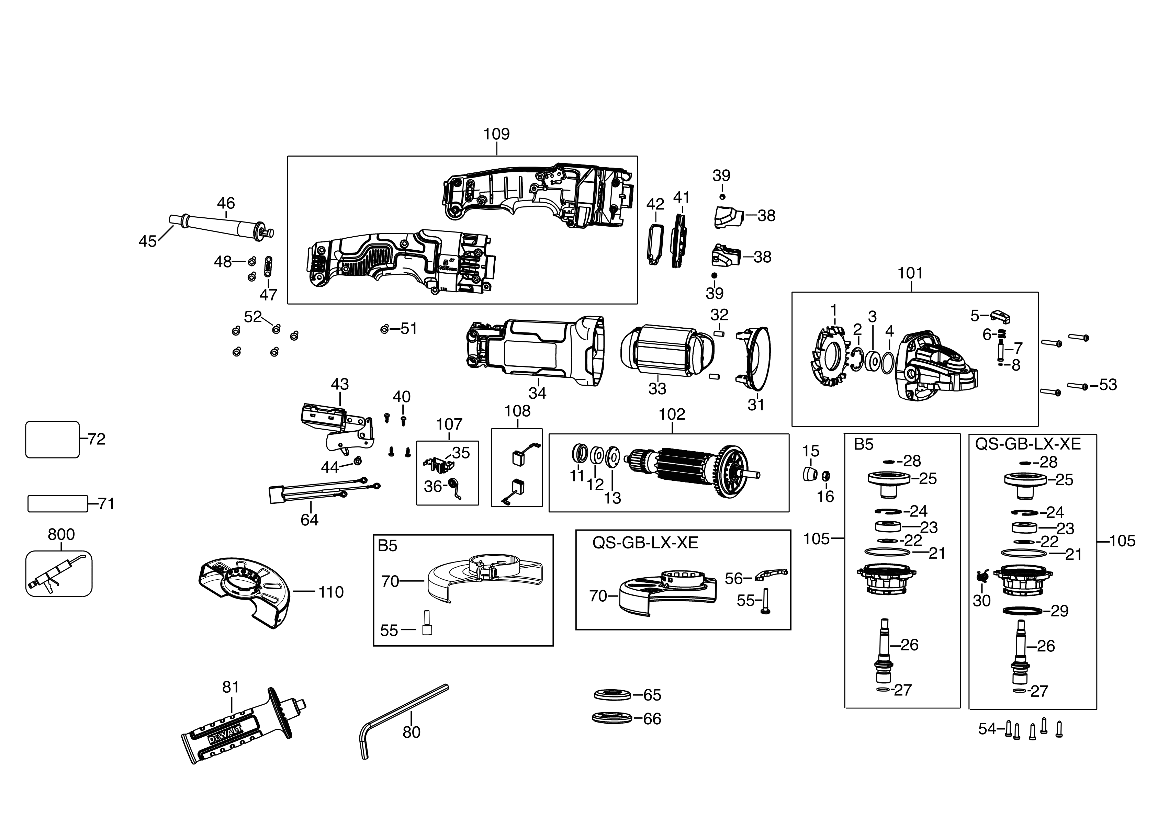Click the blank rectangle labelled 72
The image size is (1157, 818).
52,439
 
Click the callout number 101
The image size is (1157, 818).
910,273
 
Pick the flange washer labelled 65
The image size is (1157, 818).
612,695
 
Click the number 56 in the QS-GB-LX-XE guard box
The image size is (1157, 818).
734,578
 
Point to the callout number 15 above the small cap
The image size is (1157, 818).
811,451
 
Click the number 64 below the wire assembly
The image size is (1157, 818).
310,520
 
